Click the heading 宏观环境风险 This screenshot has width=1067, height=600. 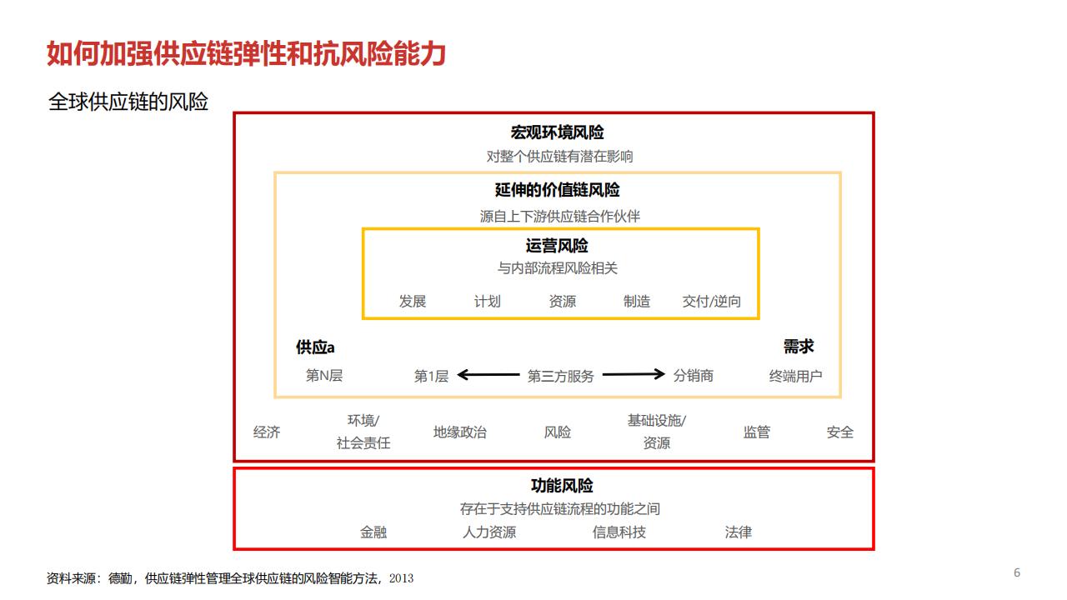(x=557, y=132)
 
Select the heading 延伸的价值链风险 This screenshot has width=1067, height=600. (x=557, y=191)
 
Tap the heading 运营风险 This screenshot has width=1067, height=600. (x=557, y=246)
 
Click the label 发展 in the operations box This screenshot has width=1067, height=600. (x=413, y=302)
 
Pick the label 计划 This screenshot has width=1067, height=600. (x=488, y=302)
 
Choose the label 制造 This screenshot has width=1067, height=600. (x=637, y=302)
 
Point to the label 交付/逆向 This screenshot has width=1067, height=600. (x=712, y=302)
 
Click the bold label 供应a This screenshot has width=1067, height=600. (x=315, y=347)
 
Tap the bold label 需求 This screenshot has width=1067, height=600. (x=798, y=347)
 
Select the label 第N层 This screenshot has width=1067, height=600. (x=324, y=376)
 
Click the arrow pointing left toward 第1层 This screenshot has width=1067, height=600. (x=488, y=375)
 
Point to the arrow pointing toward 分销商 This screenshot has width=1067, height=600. (x=634, y=375)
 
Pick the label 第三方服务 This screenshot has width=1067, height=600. (x=561, y=377)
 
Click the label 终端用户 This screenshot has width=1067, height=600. (x=795, y=377)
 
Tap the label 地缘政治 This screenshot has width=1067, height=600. (x=459, y=432)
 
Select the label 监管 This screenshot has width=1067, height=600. (x=757, y=432)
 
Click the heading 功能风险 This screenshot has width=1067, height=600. (x=562, y=486)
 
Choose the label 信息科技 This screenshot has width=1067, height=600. (x=619, y=532)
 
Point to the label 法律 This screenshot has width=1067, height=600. (x=739, y=532)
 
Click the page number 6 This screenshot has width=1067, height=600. (x=1017, y=572)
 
